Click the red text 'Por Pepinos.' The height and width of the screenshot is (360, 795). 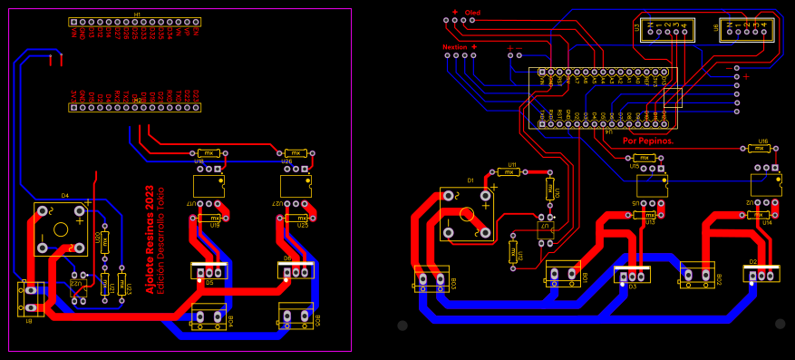(x=648, y=141)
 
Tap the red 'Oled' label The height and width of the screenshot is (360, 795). (x=472, y=13)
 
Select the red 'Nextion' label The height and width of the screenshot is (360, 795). (x=455, y=46)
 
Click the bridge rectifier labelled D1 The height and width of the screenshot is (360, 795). (x=467, y=214)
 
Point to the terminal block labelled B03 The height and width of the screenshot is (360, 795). (x=431, y=279)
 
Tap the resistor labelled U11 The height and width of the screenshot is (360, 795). (x=509, y=171)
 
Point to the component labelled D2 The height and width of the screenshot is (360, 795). (x=761, y=273)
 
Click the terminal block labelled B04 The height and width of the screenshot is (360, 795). (x=208, y=316)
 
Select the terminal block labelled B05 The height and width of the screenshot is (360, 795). (x=296, y=315)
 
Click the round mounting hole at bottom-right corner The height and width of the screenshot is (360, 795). (x=780, y=324)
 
